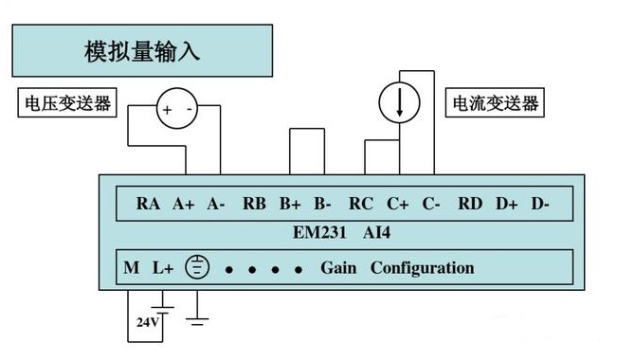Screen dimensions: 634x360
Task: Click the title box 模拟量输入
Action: click(x=142, y=50)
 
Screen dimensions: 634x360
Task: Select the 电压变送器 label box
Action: click(x=67, y=102)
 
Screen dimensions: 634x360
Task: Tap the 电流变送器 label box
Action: click(x=495, y=102)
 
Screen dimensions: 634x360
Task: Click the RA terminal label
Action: click(x=148, y=204)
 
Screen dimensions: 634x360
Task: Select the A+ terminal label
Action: click(x=184, y=204)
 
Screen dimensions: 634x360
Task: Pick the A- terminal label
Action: click(x=216, y=204)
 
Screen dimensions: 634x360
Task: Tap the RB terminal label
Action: click(x=254, y=204)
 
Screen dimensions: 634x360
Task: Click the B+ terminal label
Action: click(x=290, y=204)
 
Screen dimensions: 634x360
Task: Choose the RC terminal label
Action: click(x=361, y=204)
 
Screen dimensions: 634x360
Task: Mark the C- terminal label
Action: click(x=431, y=204)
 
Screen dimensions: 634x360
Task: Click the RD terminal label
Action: click(x=470, y=204)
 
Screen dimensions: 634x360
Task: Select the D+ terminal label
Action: click(x=507, y=204)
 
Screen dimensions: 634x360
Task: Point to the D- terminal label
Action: click(x=540, y=204)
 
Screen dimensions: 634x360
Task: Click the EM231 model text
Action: click(x=319, y=233)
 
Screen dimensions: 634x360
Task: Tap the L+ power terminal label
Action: click(x=163, y=267)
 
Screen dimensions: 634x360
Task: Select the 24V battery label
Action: click(x=148, y=322)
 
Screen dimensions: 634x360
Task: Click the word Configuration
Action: click(x=422, y=268)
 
